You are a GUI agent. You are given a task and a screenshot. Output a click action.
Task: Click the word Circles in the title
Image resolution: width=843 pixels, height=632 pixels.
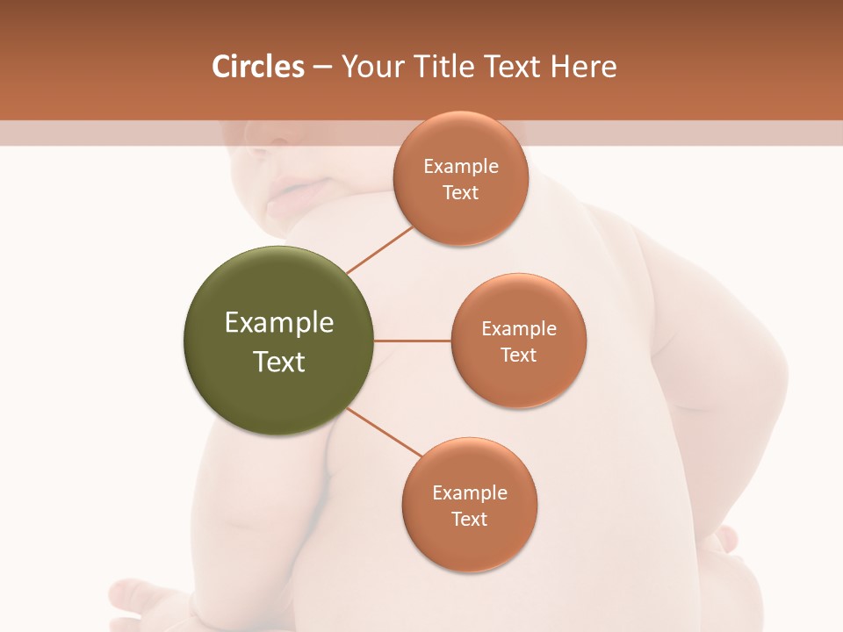click(258, 67)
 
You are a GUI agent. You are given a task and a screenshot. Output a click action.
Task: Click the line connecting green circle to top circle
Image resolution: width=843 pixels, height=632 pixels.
click(379, 248)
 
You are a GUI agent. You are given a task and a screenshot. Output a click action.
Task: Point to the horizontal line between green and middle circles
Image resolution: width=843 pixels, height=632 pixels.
click(413, 341)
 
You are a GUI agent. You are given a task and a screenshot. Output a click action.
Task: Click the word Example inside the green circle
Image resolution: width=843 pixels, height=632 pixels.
click(279, 323)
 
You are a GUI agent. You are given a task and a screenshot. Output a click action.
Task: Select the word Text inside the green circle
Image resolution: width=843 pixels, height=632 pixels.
click(279, 362)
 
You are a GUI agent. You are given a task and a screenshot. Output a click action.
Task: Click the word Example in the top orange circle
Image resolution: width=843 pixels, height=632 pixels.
click(461, 167)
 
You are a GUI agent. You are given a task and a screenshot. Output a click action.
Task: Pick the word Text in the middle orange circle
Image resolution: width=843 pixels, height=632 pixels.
click(519, 355)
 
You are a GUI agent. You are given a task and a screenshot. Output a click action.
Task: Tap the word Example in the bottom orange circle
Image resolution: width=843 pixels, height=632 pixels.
click(470, 493)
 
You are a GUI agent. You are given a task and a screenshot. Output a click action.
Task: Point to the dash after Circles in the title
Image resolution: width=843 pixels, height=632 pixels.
click(322, 68)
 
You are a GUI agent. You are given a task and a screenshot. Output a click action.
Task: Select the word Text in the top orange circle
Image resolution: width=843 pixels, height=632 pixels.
click(461, 193)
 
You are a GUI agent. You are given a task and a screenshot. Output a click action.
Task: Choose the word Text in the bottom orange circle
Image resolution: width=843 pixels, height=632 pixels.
click(470, 520)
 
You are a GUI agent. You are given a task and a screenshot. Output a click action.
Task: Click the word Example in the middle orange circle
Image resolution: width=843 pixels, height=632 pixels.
click(519, 329)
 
